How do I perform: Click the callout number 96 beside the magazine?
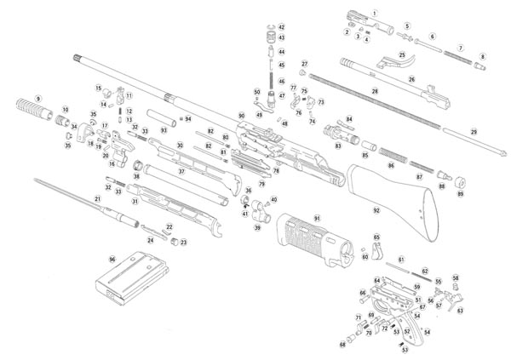[112, 259]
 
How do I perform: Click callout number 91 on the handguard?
[317, 220]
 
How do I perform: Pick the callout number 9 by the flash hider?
[37, 100]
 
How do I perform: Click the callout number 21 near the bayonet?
[98, 199]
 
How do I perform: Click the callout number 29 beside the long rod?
[474, 132]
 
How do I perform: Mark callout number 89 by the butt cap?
[461, 195]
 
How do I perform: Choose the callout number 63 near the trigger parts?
[460, 311]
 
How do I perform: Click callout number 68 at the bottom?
[343, 345]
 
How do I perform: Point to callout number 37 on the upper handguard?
[181, 172]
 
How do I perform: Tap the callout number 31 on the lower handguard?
[135, 202]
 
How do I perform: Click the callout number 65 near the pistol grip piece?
[376, 238]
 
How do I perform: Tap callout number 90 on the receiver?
[242, 115]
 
